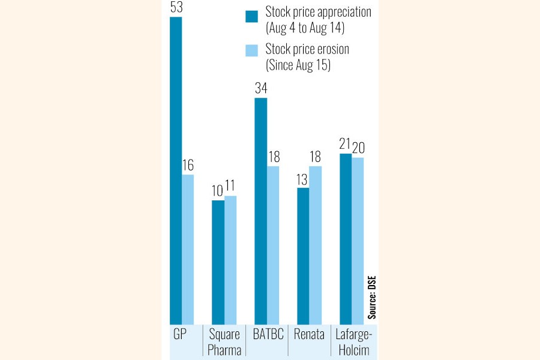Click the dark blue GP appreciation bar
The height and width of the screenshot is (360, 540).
(176, 171)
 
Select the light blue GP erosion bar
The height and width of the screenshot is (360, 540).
(188, 250)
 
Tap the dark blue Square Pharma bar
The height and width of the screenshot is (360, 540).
(218, 262)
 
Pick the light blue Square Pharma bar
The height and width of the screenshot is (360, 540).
(230, 260)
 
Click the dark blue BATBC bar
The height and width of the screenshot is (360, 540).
(260, 211)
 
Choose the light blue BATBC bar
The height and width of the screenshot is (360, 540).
(273, 245)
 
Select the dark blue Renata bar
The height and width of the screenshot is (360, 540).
(303, 256)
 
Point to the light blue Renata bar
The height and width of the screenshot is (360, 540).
(316, 245)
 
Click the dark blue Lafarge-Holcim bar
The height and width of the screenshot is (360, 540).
(346, 239)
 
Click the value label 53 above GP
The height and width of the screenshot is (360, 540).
(176, 8)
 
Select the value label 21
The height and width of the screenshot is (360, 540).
(345, 145)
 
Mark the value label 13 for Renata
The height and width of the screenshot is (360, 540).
(303, 179)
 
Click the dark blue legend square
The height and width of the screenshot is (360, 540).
(252, 16)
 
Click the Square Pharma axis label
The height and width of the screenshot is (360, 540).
(224, 343)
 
